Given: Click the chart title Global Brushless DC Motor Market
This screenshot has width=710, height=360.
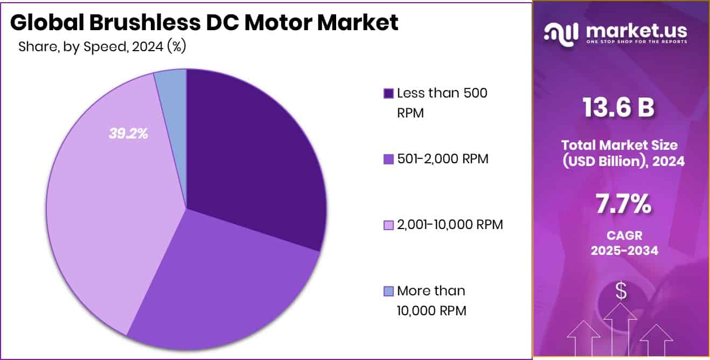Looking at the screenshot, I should [204, 23].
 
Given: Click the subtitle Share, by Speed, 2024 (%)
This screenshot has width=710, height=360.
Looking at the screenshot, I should [102, 47].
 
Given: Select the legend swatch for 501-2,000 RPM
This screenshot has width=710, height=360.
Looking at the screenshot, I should [388, 160].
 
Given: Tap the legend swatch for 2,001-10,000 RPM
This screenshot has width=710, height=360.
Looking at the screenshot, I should [388, 225].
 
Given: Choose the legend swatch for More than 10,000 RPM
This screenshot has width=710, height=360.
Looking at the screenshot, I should [388, 292].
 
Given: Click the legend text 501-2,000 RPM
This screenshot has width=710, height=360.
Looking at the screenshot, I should [443, 159].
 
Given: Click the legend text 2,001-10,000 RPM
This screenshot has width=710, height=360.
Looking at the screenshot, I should [450, 225].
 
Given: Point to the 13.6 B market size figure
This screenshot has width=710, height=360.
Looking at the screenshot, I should [619, 108].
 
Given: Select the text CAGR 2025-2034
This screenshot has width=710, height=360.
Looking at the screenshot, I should [622, 243].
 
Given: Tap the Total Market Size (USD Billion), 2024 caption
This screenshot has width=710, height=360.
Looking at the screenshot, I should [622, 153].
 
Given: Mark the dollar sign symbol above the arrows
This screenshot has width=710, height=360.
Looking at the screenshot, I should [621, 292].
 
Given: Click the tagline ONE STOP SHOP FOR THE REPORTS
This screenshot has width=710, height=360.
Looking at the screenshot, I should [636, 42].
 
